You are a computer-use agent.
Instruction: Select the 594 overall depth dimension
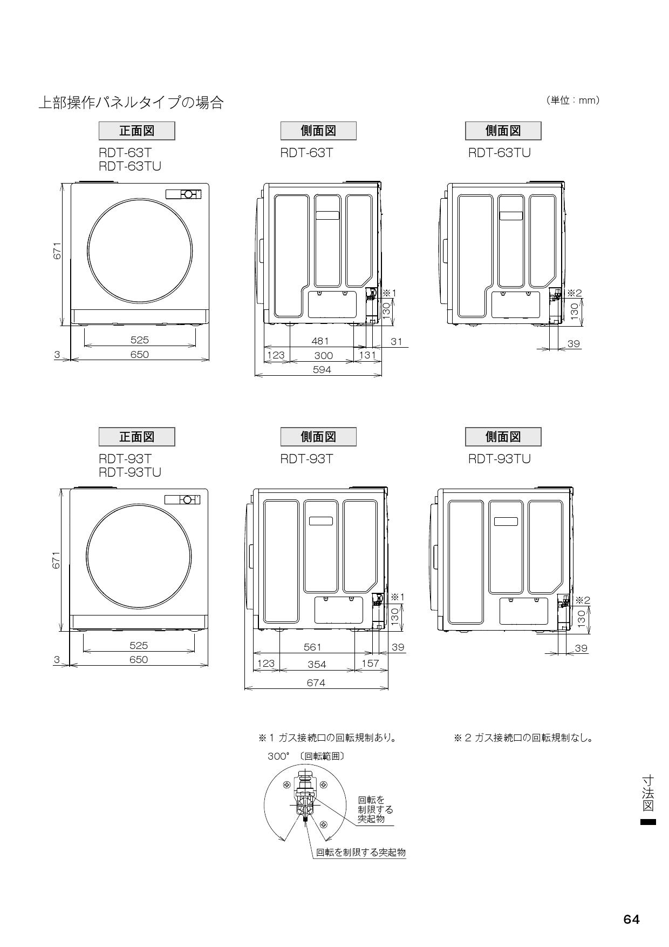tap(322, 370)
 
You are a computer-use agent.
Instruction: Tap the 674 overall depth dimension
tap(316, 683)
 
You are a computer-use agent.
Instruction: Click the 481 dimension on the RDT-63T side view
tap(320, 341)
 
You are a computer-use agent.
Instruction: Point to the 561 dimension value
tap(312, 647)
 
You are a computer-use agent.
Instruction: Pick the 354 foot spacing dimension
tap(317, 665)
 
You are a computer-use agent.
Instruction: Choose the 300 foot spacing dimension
tap(323, 355)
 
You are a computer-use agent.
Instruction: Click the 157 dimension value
tap(370, 664)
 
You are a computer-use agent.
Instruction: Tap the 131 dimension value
tap(367, 355)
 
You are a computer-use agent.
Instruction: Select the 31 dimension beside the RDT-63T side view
tap(397, 341)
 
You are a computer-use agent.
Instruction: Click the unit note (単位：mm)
tap(573, 100)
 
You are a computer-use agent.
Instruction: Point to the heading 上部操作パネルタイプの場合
tap(131, 103)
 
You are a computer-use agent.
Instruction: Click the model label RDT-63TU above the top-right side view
tap(499, 153)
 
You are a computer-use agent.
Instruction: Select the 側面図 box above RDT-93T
tap(318, 436)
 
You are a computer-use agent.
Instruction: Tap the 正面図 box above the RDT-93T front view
tap(136, 436)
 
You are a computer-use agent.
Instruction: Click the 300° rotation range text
tap(305, 756)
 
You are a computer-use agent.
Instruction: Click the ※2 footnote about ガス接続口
tap(523, 738)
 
